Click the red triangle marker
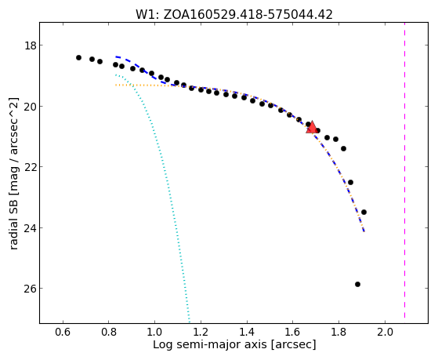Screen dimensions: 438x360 pos(312,127)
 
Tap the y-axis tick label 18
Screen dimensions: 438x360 pos(31,45)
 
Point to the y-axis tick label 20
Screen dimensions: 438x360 pos(31,107)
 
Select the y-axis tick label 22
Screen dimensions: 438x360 pos(31,167)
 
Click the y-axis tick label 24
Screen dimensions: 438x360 pos(31,228)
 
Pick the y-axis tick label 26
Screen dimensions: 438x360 pos(31,289)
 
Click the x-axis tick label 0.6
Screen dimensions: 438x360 pos(63,333)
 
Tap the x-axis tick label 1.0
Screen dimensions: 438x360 pos(154,333)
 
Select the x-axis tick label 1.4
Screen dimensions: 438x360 pos(247,333)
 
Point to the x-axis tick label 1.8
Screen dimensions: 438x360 pos(338,333)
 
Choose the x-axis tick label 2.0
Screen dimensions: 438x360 pos(385,333)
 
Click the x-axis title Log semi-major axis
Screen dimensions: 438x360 pos(210,344)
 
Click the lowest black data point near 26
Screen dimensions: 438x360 pos(357,285)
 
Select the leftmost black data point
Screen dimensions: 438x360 pos(79,57)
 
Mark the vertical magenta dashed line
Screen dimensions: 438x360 pos(404,170)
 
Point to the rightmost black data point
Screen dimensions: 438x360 pos(364,213)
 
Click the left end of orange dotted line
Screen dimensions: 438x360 pos(116,85)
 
